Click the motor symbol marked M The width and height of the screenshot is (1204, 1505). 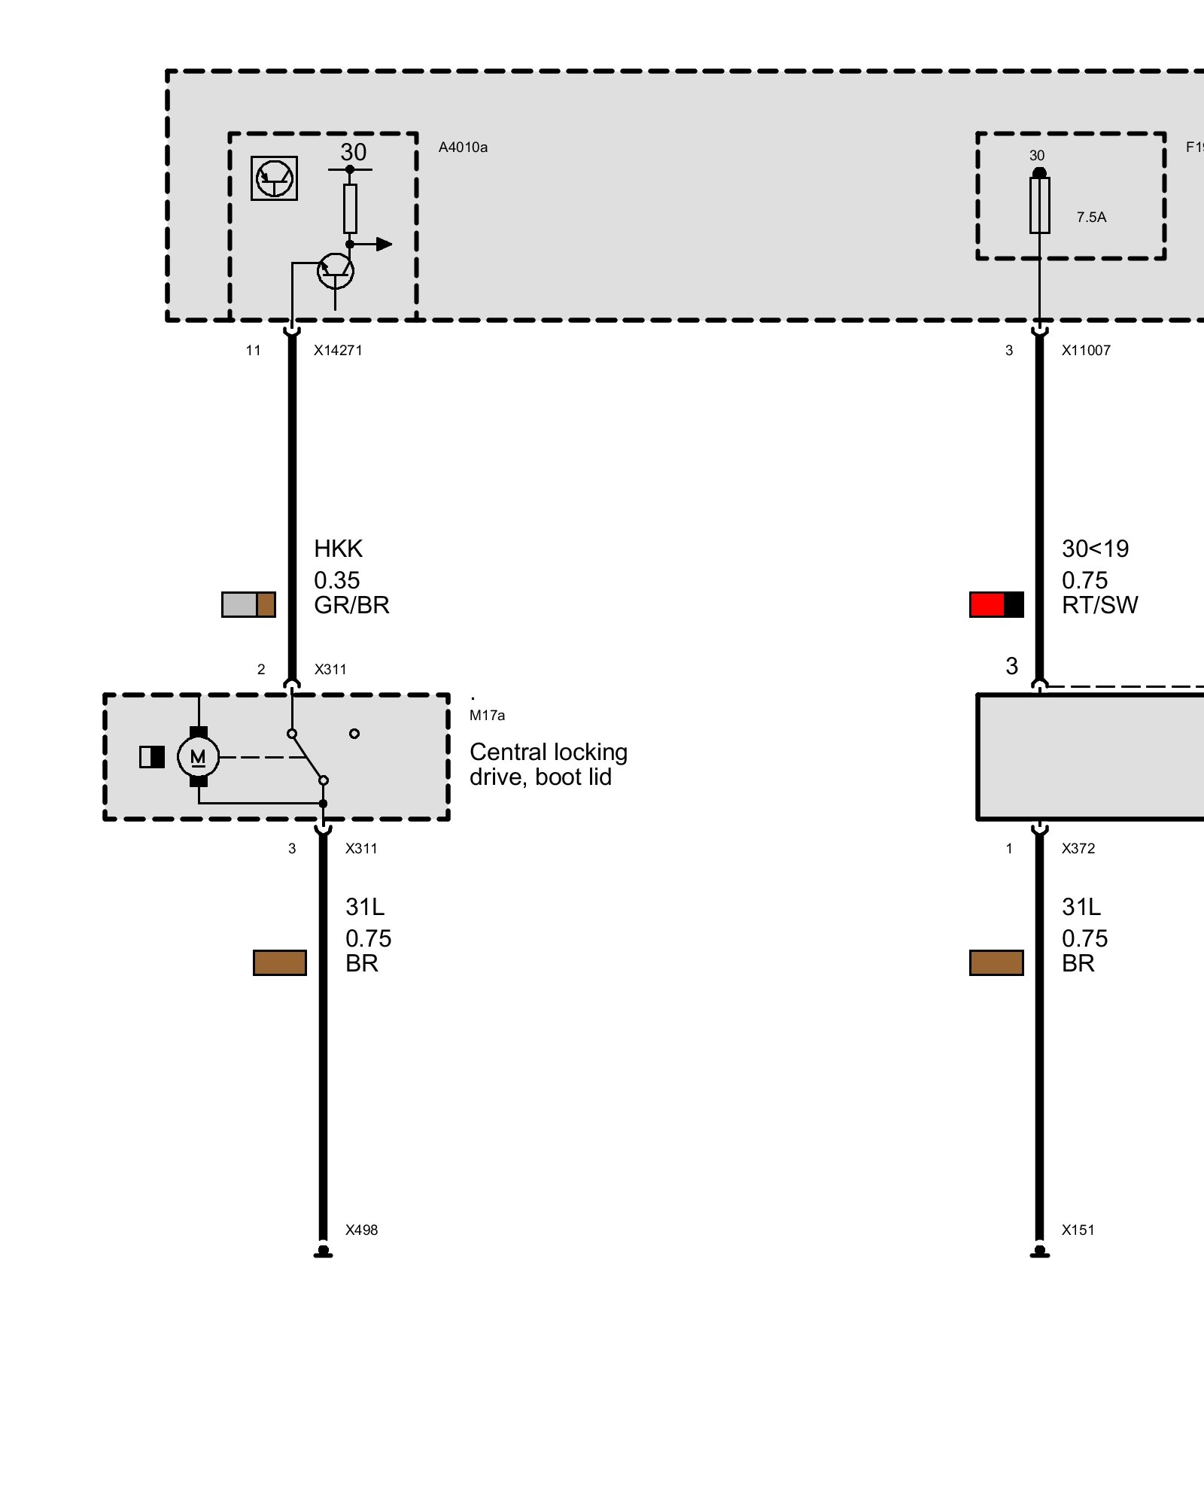click(198, 757)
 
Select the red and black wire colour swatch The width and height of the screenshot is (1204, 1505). click(996, 605)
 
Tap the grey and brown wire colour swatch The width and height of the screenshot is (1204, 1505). click(248, 605)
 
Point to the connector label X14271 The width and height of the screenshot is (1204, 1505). click(338, 351)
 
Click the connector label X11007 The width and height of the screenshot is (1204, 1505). click(1086, 351)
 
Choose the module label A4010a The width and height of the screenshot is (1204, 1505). click(463, 147)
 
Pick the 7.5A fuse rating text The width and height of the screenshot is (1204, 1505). click(1091, 217)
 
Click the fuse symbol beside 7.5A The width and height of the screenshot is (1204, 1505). click(1039, 205)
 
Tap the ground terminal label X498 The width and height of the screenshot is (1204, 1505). click(361, 1230)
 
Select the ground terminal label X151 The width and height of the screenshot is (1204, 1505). click(1078, 1230)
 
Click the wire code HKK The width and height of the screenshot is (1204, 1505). click(338, 549)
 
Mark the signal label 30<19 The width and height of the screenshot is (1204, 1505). click(1095, 549)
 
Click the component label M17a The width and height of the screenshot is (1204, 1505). click(487, 716)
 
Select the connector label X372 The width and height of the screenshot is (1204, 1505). click(1078, 849)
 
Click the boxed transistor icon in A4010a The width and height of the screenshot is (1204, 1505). click(274, 178)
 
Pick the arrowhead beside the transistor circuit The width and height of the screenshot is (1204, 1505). click(384, 244)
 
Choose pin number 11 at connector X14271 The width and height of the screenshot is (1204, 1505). click(253, 351)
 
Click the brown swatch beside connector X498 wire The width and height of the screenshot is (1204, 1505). click(280, 963)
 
